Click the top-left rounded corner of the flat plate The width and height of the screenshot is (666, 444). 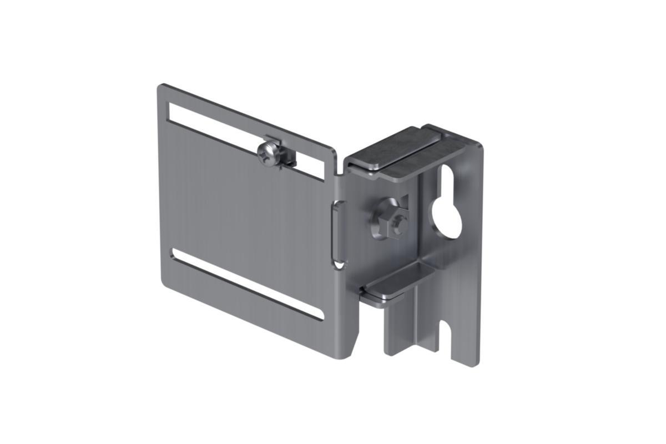(x=162, y=87)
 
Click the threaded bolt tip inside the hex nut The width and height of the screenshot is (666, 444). (x=398, y=224)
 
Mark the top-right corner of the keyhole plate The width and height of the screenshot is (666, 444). (x=478, y=144)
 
